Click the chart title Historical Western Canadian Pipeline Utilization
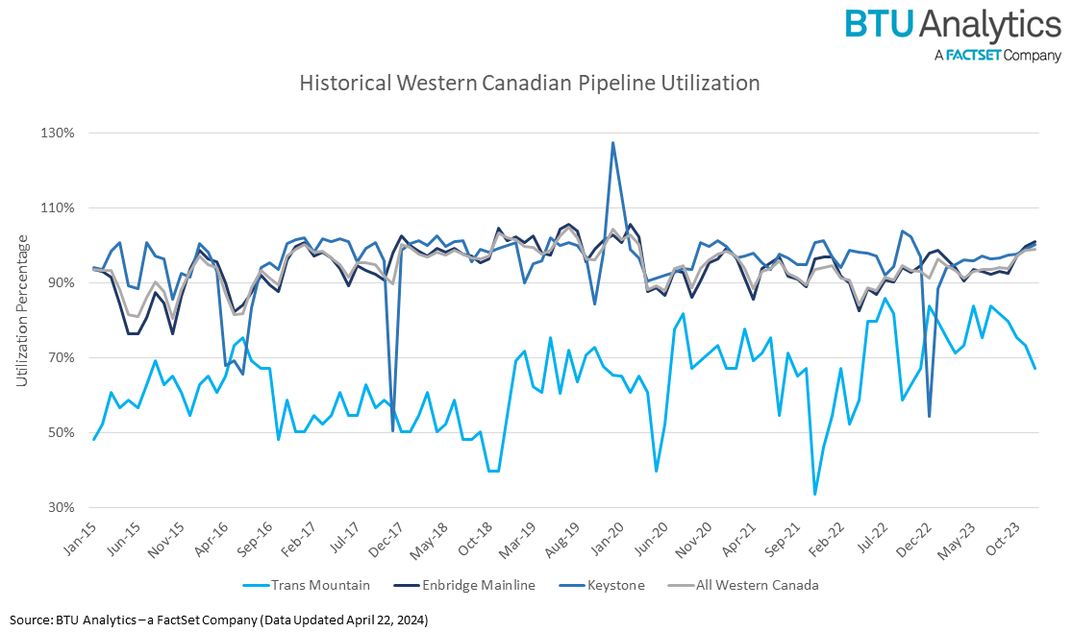pyautogui.click(x=529, y=84)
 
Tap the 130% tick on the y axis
pyautogui.click(x=56, y=133)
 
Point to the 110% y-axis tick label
pyautogui.click(x=56, y=207)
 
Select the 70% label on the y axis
pyautogui.click(x=59, y=357)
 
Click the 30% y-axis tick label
pyautogui.click(x=59, y=507)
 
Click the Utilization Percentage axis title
pyautogui.click(x=21, y=320)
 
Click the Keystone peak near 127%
pyautogui.click(x=612, y=143)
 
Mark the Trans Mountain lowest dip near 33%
pyautogui.click(x=814, y=494)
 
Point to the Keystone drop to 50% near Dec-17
pyautogui.click(x=392, y=430)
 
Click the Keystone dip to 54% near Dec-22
pyautogui.click(x=929, y=415)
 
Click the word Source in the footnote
pyautogui.click(x=33, y=620)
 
